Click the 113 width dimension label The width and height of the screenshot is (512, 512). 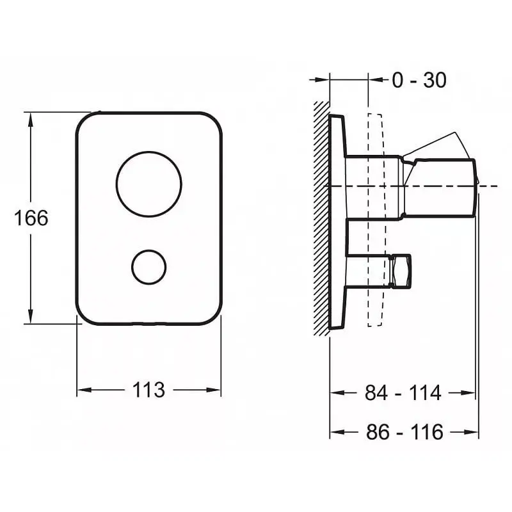click(148, 389)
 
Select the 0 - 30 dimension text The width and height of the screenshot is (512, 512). click(419, 81)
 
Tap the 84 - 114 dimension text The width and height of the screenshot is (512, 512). click(403, 393)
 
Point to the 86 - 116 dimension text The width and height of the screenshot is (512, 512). click(404, 432)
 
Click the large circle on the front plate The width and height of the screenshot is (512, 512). click(148, 184)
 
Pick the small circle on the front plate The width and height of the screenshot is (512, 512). click(148, 267)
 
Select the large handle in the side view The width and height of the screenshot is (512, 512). click(442, 186)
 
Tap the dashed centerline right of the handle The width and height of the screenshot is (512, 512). click(490, 186)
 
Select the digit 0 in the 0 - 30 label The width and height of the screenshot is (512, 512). click(397, 81)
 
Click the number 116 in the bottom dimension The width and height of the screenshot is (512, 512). click(428, 432)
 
